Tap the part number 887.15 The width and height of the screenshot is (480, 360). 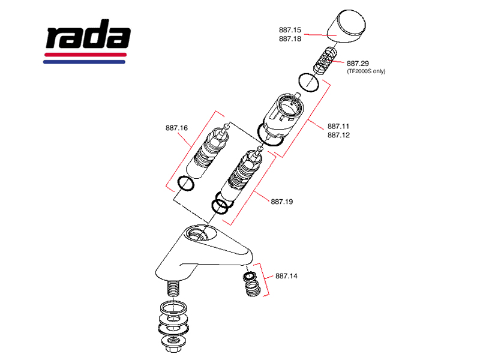(290, 29)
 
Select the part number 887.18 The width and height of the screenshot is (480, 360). (290, 39)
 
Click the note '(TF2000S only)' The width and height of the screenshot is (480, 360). (366, 71)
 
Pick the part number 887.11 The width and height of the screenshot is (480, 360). (338, 127)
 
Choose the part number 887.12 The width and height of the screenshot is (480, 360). (338, 136)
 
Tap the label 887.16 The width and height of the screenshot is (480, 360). (177, 128)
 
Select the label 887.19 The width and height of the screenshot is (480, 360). (281, 202)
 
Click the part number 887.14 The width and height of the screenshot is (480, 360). (286, 277)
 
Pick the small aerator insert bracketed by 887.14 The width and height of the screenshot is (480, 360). (251, 283)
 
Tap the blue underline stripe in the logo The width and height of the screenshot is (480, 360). (85, 61)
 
